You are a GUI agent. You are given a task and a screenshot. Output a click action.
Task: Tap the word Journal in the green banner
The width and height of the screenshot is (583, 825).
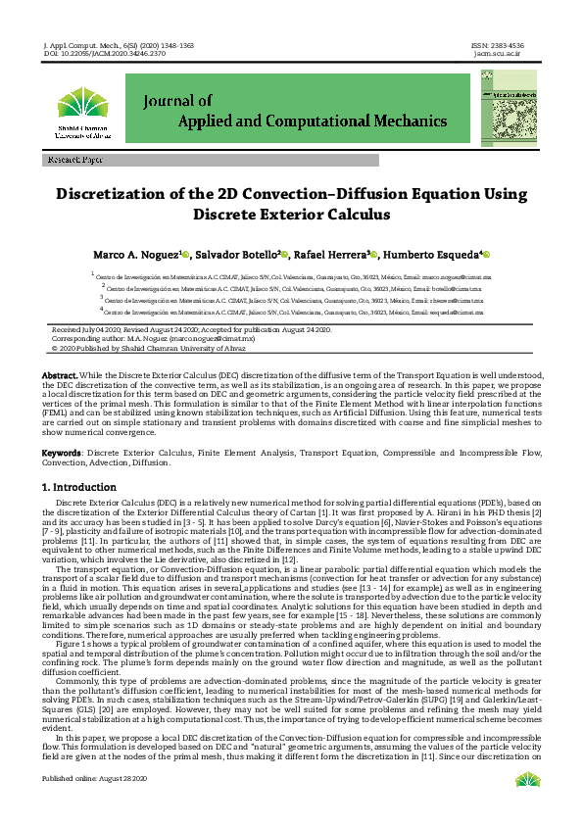click(177, 100)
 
